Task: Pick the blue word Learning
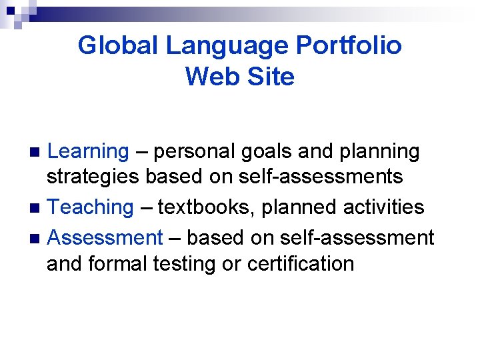click(88, 152)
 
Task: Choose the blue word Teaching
click(91, 207)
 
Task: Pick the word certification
click(301, 264)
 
